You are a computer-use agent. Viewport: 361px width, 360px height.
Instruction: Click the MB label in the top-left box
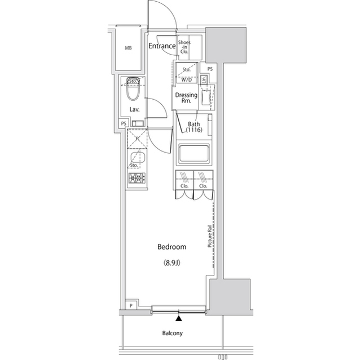pyautogui.click(x=129, y=48)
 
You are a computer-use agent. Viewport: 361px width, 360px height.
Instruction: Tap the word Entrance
pyautogui.click(x=162, y=46)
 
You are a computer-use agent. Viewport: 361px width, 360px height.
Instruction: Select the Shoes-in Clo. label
pyautogui.click(x=184, y=47)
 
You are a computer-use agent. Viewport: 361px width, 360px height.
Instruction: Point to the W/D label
pyautogui.click(x=186, y=79)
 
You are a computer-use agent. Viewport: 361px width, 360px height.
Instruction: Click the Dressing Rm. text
pyautogui.click(x=186, y=98)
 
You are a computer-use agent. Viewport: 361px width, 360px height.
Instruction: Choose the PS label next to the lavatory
pyautogui.click(x=123, y=123)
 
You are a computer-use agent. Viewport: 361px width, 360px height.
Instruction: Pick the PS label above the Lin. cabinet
pyautogui.click(x=210, y=69)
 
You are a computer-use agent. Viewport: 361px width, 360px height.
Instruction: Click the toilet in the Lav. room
pyautogui.click(x=133, y=88)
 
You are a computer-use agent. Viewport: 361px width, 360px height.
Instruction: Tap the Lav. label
pyautogui.click(x=134, y=109)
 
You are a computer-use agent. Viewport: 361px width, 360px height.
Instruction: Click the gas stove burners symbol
pyautogui.click(x=137, y=180)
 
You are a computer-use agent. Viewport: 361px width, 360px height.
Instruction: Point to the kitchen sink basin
pyautogui.click(x=136, y=159)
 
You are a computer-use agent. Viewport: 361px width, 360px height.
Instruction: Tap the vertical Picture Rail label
pyautogui.click(x=209, y=235)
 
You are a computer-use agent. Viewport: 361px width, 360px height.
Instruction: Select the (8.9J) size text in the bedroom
pyautogui.click(x=172, y=263)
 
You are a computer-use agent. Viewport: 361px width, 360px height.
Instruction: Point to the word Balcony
pyautogui.click(x=173, y=333)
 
